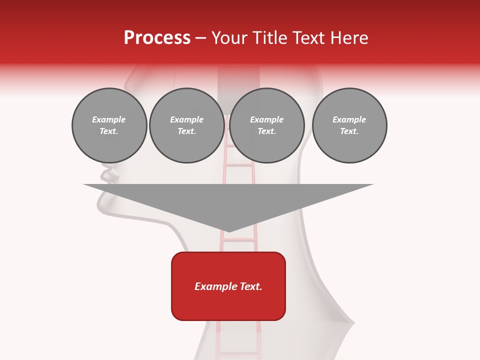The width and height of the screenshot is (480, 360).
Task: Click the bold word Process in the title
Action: click(x=157, y=38)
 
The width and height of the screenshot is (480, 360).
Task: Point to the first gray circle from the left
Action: click(x=109, y=125)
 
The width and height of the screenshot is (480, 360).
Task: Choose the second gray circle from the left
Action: click(x=186, y=125)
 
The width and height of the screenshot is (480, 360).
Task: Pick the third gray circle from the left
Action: click(x=266, y=125)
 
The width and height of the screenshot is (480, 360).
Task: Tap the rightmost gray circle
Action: click(x=349, y=125)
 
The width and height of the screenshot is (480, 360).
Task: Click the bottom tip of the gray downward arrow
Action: click(x=228, y=231)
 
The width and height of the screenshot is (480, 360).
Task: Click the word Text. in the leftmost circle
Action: click(x=109, y=131)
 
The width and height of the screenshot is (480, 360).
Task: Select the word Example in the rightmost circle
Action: click(x=349, y=119)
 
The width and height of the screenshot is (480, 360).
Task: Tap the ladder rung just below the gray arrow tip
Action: click(x=238, y=240)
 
